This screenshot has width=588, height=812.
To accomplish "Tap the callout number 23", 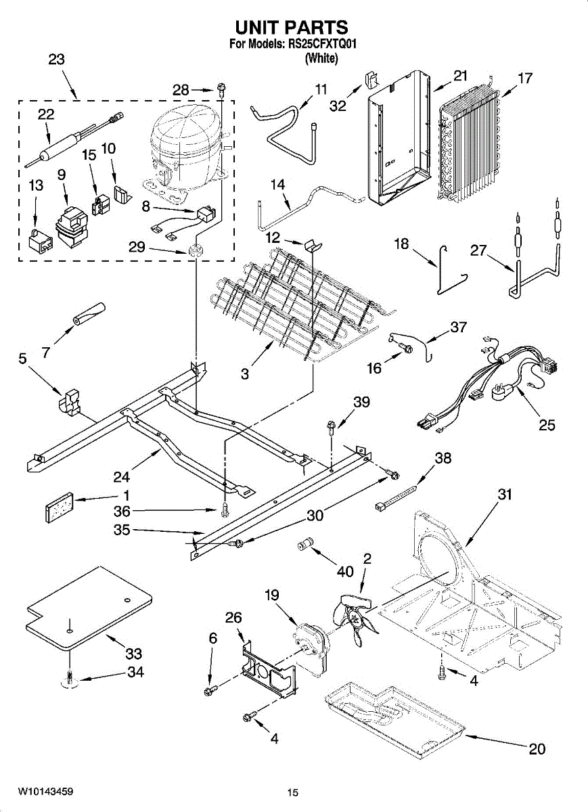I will click(56, 60).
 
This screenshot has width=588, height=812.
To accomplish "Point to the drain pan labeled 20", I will click(392, 721).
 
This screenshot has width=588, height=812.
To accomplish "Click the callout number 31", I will click(505, 495).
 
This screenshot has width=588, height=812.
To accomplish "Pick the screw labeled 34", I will click(70, 677).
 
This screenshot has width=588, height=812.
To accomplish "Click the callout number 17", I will click(525, 78).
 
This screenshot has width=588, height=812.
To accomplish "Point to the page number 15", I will click(292, 792).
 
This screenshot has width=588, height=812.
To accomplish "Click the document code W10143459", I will click(45, 791).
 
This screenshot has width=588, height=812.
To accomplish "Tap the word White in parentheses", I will click(321, 58).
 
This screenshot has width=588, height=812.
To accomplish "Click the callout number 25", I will click(547, 425).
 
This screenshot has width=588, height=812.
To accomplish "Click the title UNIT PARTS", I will click(292, 27).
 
